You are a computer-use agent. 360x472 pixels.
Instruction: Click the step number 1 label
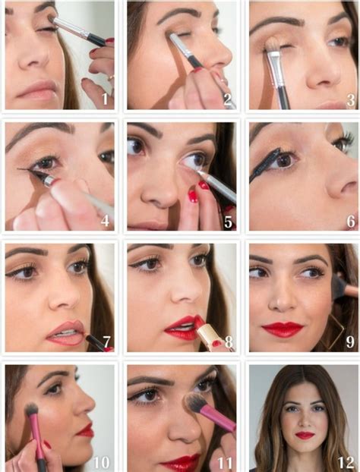(x=107, y=99)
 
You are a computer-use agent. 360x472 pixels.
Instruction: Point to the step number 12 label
(x=346, y=461)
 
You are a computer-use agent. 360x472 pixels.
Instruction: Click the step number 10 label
(x=102, y=461)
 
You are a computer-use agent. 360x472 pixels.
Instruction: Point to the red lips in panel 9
(x=282, y=329)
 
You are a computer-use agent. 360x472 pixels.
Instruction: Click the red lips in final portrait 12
(x=305, y=436)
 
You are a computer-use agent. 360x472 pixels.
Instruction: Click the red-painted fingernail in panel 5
(x=193, y=197)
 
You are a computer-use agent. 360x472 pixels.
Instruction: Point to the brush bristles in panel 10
(x=32, y=411)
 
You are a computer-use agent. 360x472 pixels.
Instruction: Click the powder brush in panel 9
(x=342, y=288)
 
